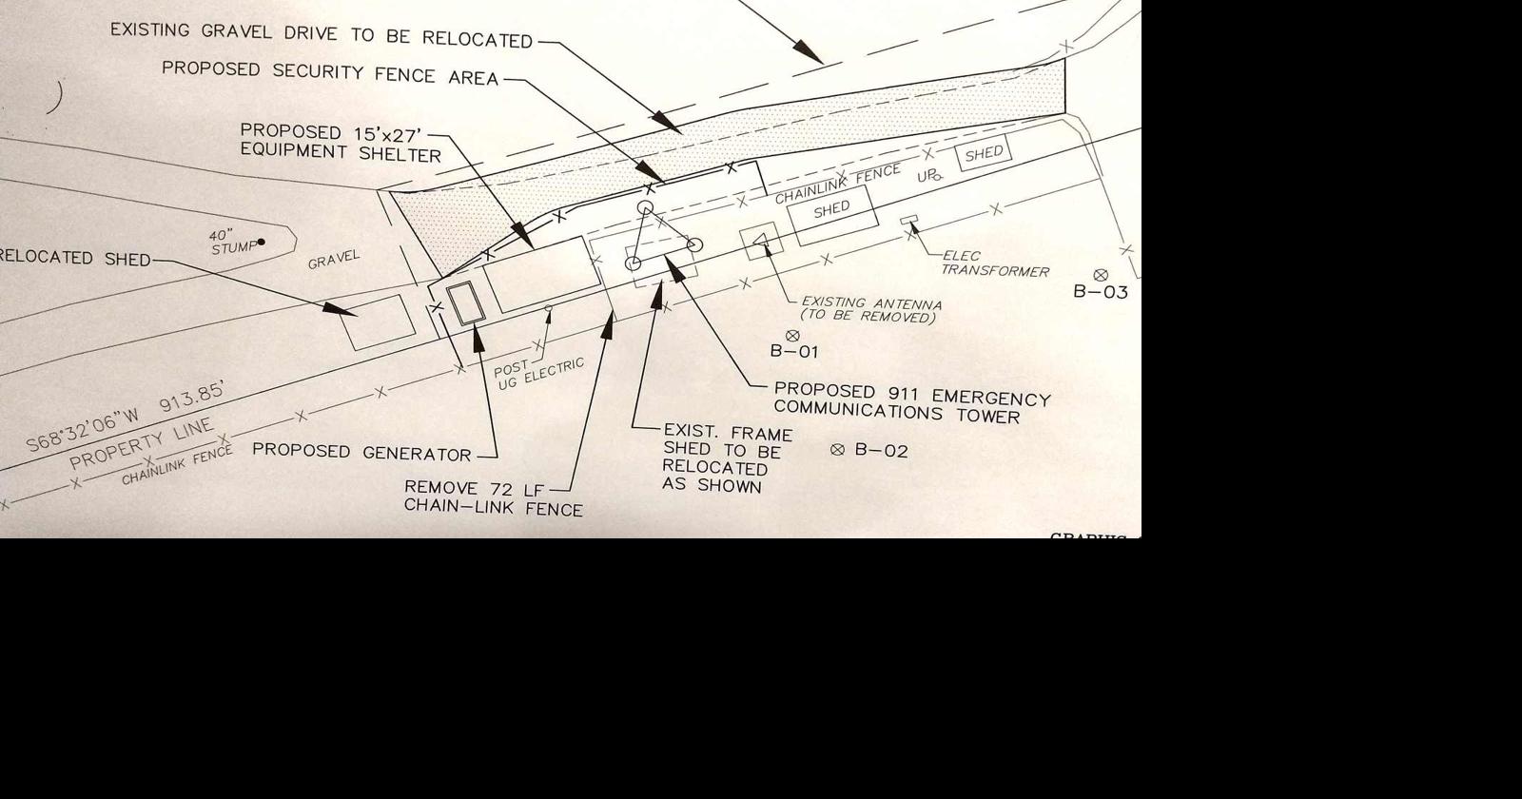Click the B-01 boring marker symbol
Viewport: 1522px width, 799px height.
pos(792,335)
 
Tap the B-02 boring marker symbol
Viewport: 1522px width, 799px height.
pos(837,449)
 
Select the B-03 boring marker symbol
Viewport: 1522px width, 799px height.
pos(1101,275)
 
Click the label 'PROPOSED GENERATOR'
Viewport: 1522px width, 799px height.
pos(361,452)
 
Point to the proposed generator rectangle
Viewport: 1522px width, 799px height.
pos(466,303)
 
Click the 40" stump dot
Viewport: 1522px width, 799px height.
pos(262,242)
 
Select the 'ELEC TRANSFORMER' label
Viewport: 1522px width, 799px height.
pos(995,263)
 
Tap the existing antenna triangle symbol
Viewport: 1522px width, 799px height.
pos(761,244)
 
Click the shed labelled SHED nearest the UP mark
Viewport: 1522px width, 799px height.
pos(984,153)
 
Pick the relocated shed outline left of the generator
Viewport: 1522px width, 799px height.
pos(378,321)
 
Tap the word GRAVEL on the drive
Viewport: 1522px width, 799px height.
pos(334,259)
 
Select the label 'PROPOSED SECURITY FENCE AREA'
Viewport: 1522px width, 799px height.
pos(330,73)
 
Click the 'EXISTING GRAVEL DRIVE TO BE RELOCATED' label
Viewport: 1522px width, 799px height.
pos(321,35)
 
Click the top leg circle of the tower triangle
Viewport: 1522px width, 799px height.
pos(645,207)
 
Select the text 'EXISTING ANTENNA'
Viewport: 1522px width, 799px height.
pos(871,303)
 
